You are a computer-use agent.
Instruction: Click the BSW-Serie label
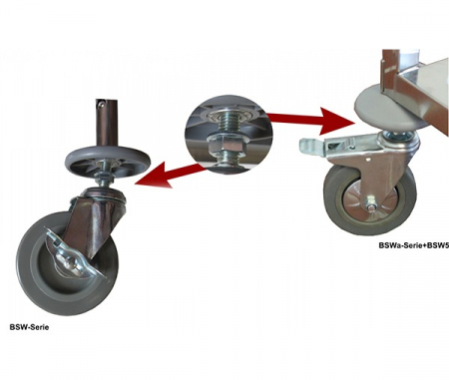tap(29, 327)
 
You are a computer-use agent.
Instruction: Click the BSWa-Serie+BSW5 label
tap(414, 245)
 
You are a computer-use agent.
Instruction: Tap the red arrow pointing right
tap(310, 120)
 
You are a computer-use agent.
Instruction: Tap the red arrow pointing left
tap(171, 175)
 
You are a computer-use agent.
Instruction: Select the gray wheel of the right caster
tap(369, 196)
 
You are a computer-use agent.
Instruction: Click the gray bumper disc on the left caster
tap(108, 158)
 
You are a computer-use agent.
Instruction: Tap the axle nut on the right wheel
tap(370, 201)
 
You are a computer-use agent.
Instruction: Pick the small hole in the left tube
tap(101, 105)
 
